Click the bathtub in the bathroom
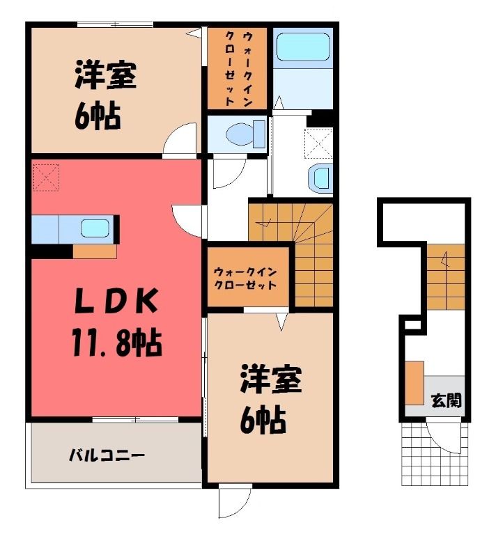[x=303, y=47]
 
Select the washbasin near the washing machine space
[x=321, y=178]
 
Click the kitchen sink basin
[x=95, y=228]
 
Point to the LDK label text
[x=116, y=301]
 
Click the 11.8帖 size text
[x=117, y=343]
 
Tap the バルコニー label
[x=107, y=455]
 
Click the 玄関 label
[x=447, y=400]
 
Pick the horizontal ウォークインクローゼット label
[x=245, y=278]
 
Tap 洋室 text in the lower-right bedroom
[x=271, y=379]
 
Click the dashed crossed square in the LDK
[x=46, y=178]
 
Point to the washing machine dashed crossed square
[x=318, y=143]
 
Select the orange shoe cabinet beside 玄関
[x=414, y=383]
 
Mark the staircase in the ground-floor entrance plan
[x=446, y=276]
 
